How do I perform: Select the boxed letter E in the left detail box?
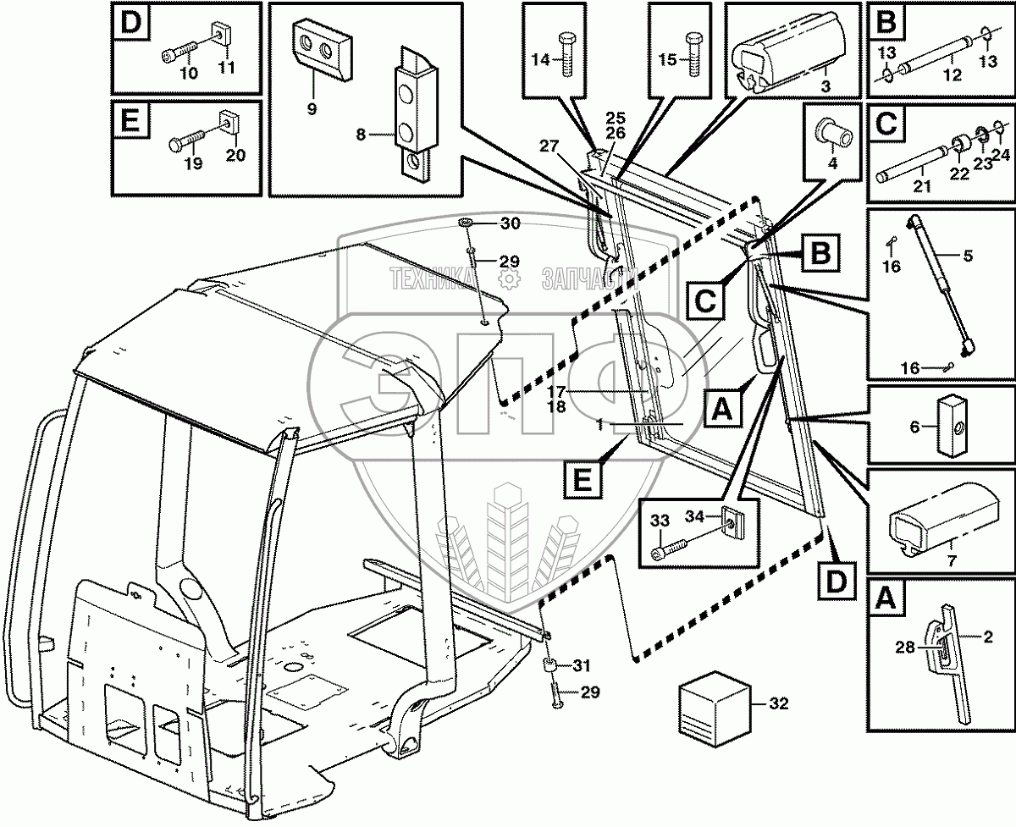pyautogui.click(x=131, y=122)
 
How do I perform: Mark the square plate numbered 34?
pyautogui.click(x=731, y=523)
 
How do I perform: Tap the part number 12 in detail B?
pyautogui.click(x=952, y=75)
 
